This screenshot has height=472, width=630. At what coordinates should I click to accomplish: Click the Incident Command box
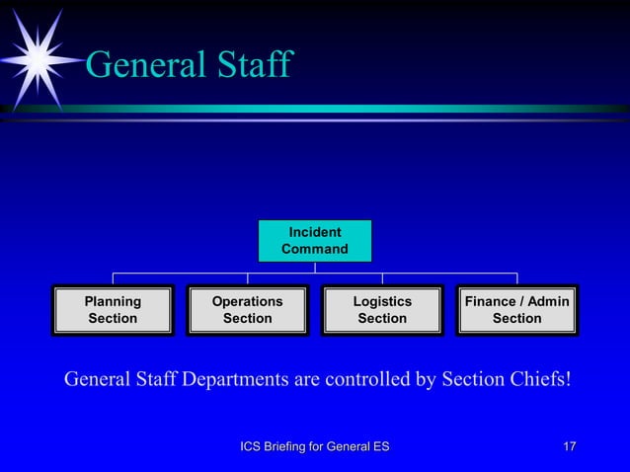(315, 241)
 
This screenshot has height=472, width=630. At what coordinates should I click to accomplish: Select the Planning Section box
(113, 310)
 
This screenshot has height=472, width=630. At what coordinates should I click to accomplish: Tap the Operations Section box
(247, 310)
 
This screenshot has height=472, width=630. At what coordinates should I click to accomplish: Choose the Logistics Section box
(382, 310)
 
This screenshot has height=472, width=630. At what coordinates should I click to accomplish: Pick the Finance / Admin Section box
(516, 310)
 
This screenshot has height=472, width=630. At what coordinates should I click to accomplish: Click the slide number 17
(569, 447)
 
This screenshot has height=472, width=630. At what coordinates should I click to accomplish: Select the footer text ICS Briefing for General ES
(315, 447)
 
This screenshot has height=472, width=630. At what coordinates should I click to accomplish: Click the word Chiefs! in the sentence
(538, 380)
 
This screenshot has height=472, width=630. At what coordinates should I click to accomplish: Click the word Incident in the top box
(315, 232)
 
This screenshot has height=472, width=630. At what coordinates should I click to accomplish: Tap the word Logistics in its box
(382, 301)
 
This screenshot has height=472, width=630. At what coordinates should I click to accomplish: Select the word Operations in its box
(247, 301)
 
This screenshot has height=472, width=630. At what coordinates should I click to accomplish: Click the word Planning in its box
(113, 301)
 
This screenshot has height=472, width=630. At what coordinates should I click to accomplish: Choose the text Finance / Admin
(516, 301)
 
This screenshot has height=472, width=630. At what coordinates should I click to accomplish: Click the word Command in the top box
(315, 249)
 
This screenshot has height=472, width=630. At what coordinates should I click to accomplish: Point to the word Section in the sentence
(469, 380)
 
